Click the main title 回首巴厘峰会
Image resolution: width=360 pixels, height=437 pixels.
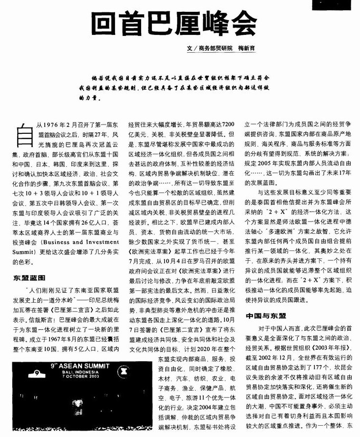click(x=175, y=22)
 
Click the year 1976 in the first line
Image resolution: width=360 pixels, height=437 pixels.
click(x=51, y=125)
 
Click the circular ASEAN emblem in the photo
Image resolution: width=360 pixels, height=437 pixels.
click(x=136, y=373)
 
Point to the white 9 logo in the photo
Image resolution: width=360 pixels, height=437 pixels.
click(x=36, y=373)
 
